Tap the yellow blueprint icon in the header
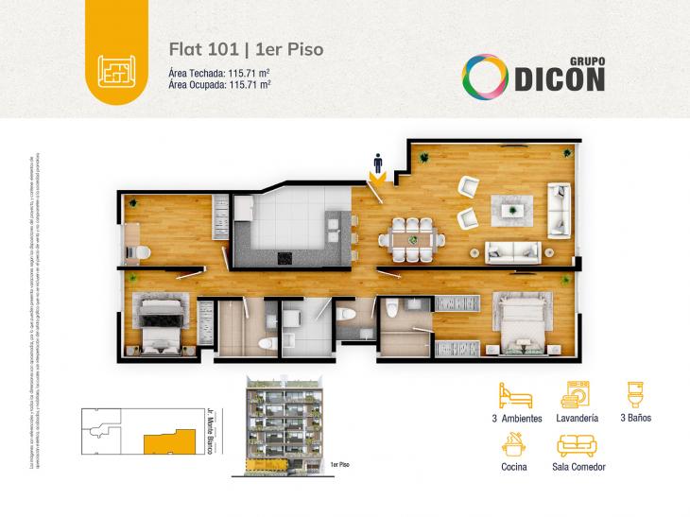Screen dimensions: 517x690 115,68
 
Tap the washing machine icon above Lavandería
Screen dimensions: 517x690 578,393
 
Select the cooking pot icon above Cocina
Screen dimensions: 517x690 513,443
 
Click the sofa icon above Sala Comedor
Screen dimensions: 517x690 577,445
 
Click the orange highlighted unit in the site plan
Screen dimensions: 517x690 162,441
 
